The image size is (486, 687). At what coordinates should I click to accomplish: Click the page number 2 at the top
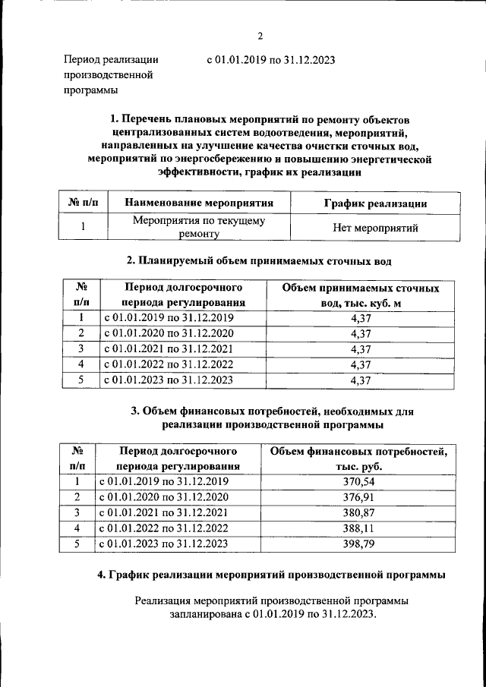pyautogui.click(x=260, y=36)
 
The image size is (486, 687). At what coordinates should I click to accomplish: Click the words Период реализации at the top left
pyautogui.click(x=111, y=59)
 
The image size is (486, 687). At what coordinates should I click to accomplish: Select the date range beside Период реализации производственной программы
pyautogui.click(x=271, y=59)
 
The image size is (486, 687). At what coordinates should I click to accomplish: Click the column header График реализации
pyautogui.click(x=374, y=203)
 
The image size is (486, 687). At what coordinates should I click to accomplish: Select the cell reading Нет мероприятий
pyautogui.click(x=375, y=228)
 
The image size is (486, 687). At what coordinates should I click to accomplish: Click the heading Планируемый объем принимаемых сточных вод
pyautogui.click(x=259, y=261)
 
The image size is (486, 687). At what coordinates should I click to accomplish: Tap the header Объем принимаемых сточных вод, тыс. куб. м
pyautogui.click(x=361, y=296)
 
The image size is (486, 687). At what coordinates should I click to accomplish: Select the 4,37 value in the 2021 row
pyautogui.click(x=361, y=349)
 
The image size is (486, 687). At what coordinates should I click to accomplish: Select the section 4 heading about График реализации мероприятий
pyautogui.click(x=271, y=575)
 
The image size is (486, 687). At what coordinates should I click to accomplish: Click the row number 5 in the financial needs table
pyautogui.click(x=77, y=544)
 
